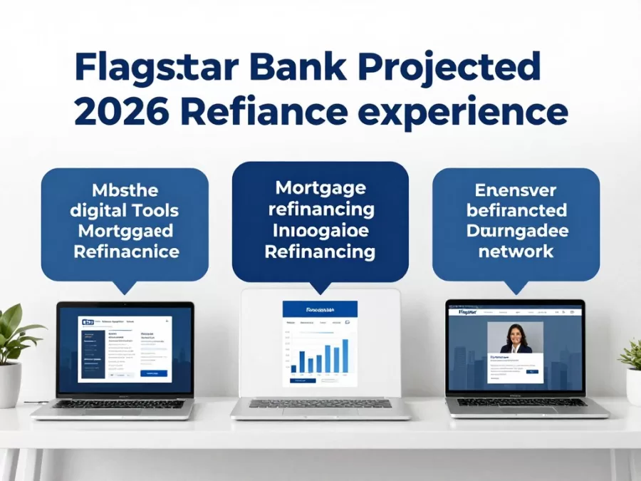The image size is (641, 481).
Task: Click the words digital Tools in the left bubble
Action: pos(125,211)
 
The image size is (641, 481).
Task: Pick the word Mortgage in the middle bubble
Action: pos(320,189)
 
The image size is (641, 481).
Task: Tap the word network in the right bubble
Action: pos(516,251)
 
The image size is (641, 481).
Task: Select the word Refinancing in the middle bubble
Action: pos(320,252)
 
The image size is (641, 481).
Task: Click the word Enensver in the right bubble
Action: pos(516,190)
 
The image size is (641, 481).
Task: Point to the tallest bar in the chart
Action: pos(345,355)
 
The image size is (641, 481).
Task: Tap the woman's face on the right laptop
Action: pos(515,334)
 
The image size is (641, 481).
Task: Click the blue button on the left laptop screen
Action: pos(153,373)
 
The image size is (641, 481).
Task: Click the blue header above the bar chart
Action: pos(320,310)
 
